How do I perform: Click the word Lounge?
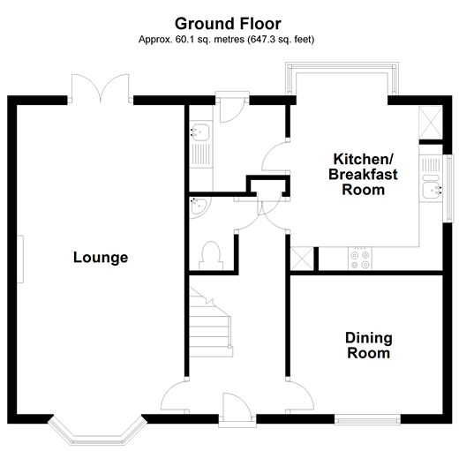click(100, 258)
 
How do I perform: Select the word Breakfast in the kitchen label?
click(363, 175)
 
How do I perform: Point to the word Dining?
click(368, 338)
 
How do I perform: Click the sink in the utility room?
click(200, 133)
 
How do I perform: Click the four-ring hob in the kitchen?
click(360, 258)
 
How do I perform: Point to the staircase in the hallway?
click(211, 323)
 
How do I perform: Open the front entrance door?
click(237, 407)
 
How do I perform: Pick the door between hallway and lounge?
click(174, 395)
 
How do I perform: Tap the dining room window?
click(369, 417)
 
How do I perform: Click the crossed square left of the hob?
click(303, 259)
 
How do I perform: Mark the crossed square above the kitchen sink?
click(431, 123)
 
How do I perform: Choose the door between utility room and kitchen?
click(279, 157)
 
